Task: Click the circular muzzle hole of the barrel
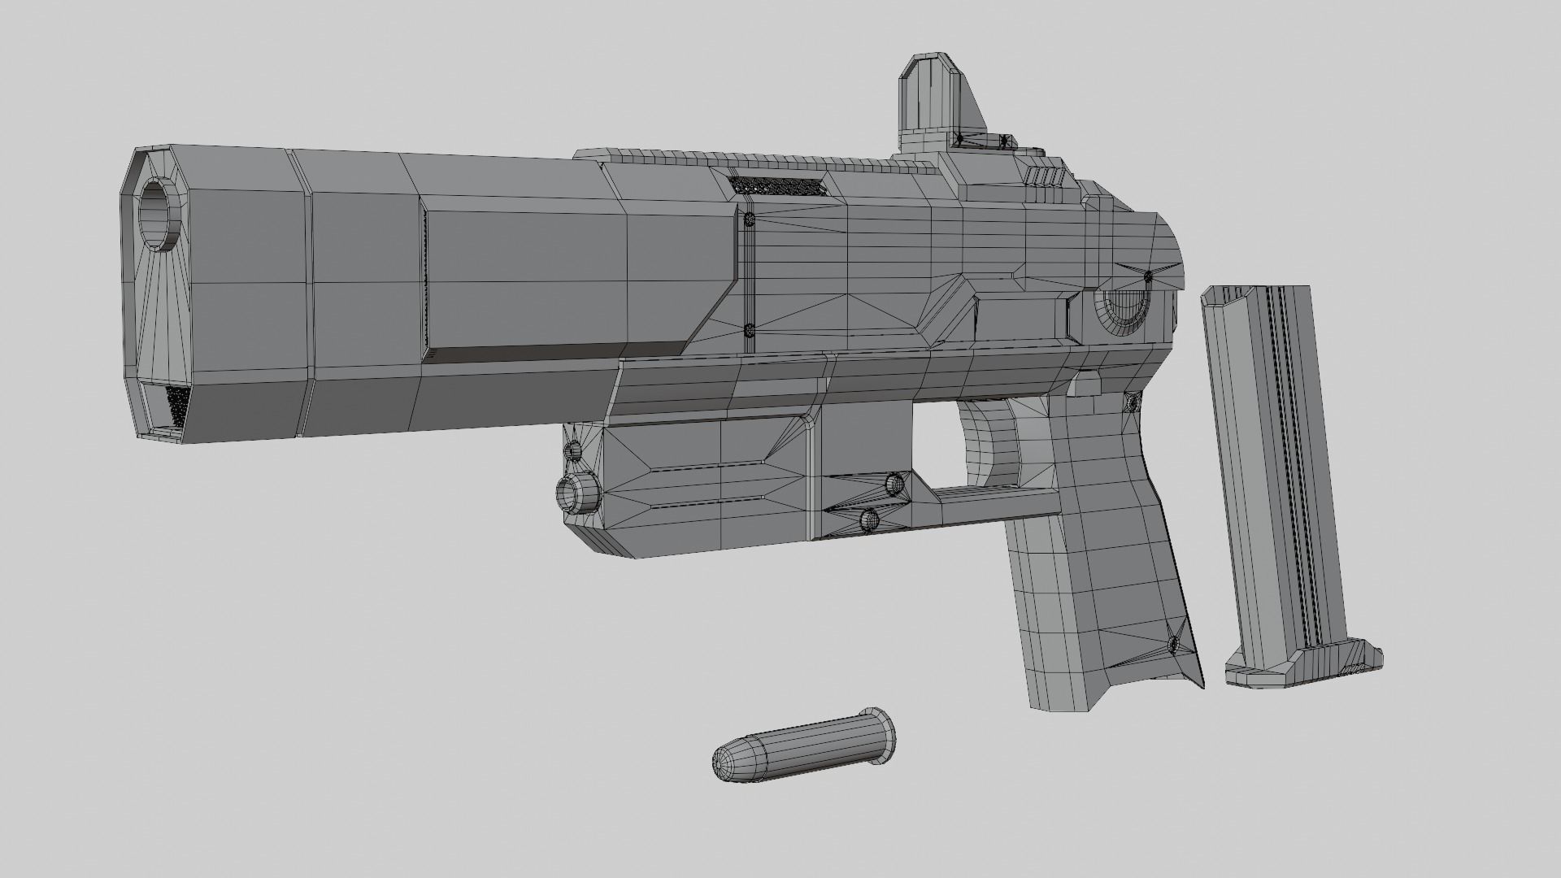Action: click(x=161, y=215)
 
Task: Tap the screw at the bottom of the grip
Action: click(x=1173, y=644)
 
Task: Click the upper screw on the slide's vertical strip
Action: click(x=749, y=219)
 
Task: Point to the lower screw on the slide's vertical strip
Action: click(x=749, y=330)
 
